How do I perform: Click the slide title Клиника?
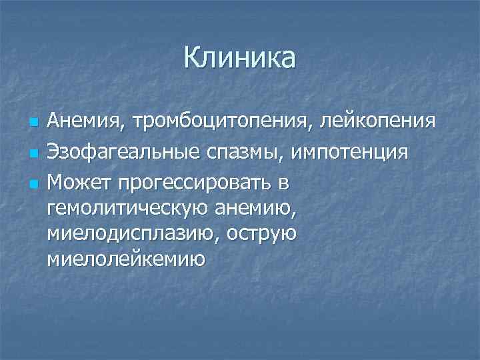(x=240, y=59)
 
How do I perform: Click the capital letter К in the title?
(x=193, y=59)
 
